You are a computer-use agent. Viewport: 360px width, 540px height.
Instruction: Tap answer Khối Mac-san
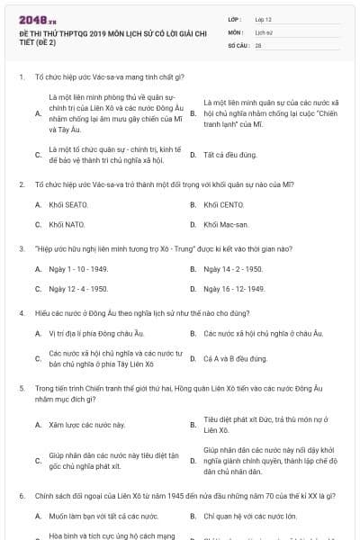pyautogui.click(x=225, y=225)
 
